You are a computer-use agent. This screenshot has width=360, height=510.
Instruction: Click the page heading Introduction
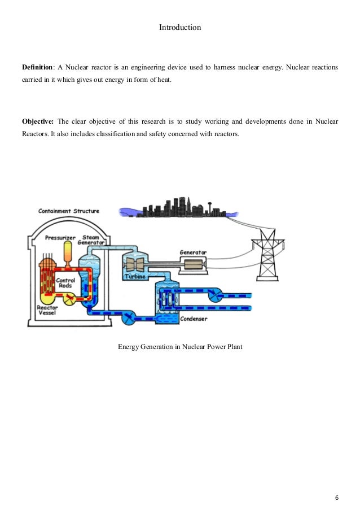tap(180, 27)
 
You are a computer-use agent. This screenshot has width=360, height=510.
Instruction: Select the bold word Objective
tap(38, 121)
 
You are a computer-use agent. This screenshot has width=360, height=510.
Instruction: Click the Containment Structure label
tap(69, 211)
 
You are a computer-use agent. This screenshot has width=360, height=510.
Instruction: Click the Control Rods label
tap(67, 283)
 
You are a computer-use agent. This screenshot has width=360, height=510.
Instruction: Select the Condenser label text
tap(194, 319)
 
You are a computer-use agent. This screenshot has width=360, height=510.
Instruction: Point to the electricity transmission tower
tap(270, 254)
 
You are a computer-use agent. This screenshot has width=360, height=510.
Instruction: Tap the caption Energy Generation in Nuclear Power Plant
tap(180, 347)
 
